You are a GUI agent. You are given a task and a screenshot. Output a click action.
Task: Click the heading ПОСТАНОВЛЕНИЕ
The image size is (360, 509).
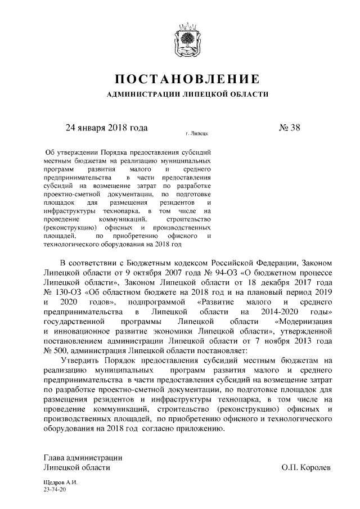pyautogui.click(x=187, y=77)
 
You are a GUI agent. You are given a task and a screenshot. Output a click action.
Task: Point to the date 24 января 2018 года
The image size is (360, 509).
pyautogui.click(x=107, y=127)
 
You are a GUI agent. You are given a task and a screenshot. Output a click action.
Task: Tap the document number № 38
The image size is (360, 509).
pyautogui.click(x=290, y=127)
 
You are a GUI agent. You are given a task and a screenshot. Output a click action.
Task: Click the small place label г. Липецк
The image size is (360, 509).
pyautogui.click(x=196, y=135)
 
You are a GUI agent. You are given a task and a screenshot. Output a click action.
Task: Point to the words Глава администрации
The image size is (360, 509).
pyautogui.click(x=83, y=457)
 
